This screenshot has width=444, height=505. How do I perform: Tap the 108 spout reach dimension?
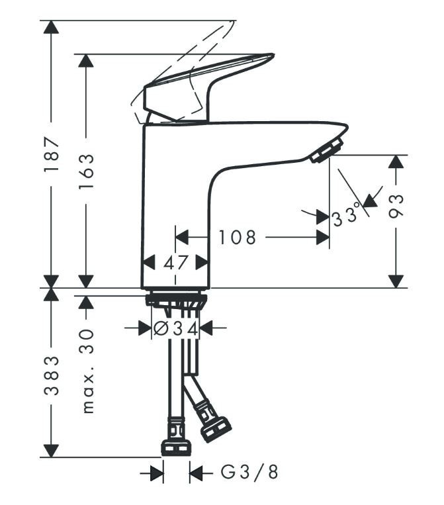[237, 237]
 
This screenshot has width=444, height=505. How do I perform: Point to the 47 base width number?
[175, 263]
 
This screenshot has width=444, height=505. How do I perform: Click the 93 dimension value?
[397, 207]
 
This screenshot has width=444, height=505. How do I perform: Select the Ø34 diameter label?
[175, 327]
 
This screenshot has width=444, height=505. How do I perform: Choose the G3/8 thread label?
[249, 473]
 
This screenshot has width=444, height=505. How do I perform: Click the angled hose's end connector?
[215, 428]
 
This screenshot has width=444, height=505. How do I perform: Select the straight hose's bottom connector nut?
[176, 448]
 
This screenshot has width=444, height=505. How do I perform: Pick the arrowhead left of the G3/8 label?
[156, 473]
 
